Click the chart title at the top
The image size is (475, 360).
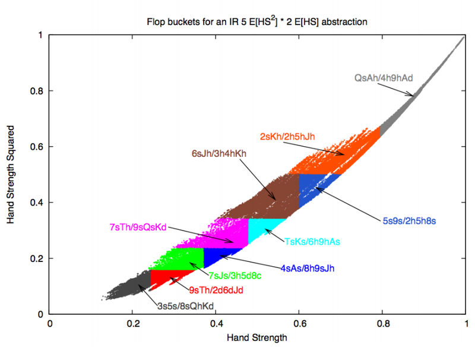point(257,23)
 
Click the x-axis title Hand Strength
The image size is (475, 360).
point(257,339)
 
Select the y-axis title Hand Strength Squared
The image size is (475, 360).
point(11,175)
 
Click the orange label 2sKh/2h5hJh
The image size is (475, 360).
point(287,136)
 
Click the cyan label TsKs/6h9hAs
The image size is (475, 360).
point(312,241)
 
